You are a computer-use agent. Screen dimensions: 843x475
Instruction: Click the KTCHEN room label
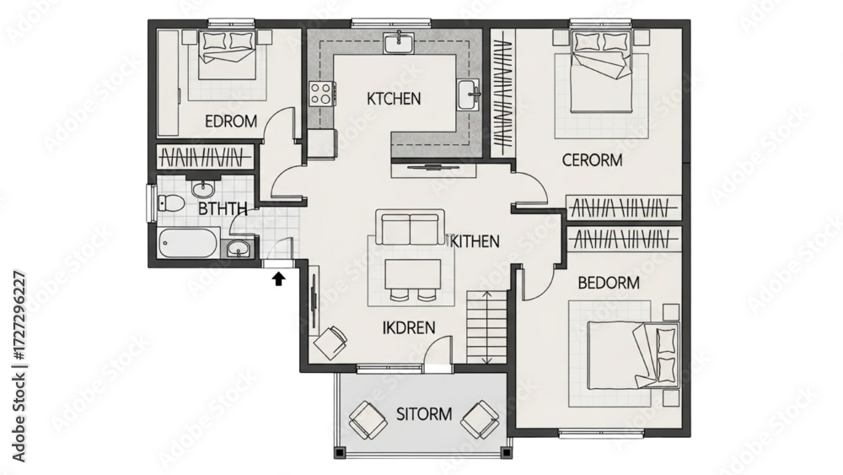point(394,99)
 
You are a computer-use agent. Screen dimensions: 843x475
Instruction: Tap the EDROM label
point(231,121)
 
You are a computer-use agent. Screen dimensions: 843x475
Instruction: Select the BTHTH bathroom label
point(223,208)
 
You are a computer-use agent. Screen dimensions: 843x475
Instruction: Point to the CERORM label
point(592,159)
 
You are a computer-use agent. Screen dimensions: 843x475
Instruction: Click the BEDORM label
point(609,283)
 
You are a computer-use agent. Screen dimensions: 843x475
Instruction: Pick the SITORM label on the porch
point(424,414)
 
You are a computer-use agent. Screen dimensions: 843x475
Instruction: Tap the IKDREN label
point(409,327)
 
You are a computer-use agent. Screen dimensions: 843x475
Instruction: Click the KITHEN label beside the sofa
point(475,241)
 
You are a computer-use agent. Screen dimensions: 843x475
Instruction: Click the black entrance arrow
point(278,278)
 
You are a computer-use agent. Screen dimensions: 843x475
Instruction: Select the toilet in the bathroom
point(170,202)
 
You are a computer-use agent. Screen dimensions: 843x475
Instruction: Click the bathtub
point(189,244)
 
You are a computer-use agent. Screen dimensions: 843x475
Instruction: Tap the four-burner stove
point(322,93)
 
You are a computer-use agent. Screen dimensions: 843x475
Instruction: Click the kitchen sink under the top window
point(399,42)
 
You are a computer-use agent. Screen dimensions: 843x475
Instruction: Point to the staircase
point(486,327)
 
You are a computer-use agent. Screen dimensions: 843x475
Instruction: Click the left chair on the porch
point(368,419)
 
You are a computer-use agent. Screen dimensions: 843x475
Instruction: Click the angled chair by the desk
point(330,343)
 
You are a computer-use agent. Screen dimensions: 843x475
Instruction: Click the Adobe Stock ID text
point(19,366)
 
